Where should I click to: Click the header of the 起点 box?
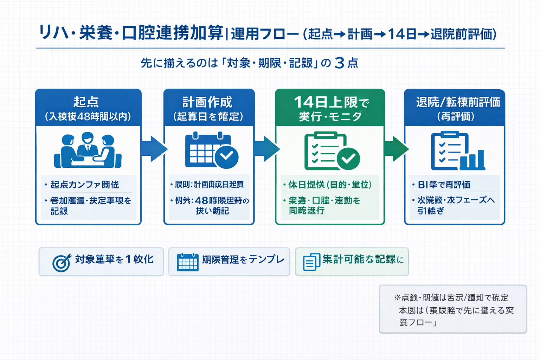(x=88, y=108)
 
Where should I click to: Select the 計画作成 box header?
(x=209, y=108)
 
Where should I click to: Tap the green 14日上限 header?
(x=330, y=108)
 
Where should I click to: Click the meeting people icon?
(x=88, y=150)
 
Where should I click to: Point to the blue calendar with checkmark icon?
(x=211, y=150)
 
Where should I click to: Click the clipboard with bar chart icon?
(x=457, y=151)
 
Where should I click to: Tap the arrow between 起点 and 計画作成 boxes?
(x=153, y=149)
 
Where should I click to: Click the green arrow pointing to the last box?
(x=396, y=149)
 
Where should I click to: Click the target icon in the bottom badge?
(x=62, y=263)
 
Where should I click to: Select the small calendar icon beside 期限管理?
(x=188, y=262)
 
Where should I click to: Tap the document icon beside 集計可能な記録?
(x=311, y=262)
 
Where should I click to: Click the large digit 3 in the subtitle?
(x=339, y=63)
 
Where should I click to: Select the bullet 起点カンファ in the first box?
(x=84, y=185)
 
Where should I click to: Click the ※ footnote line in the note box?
(x=451, y=298)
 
